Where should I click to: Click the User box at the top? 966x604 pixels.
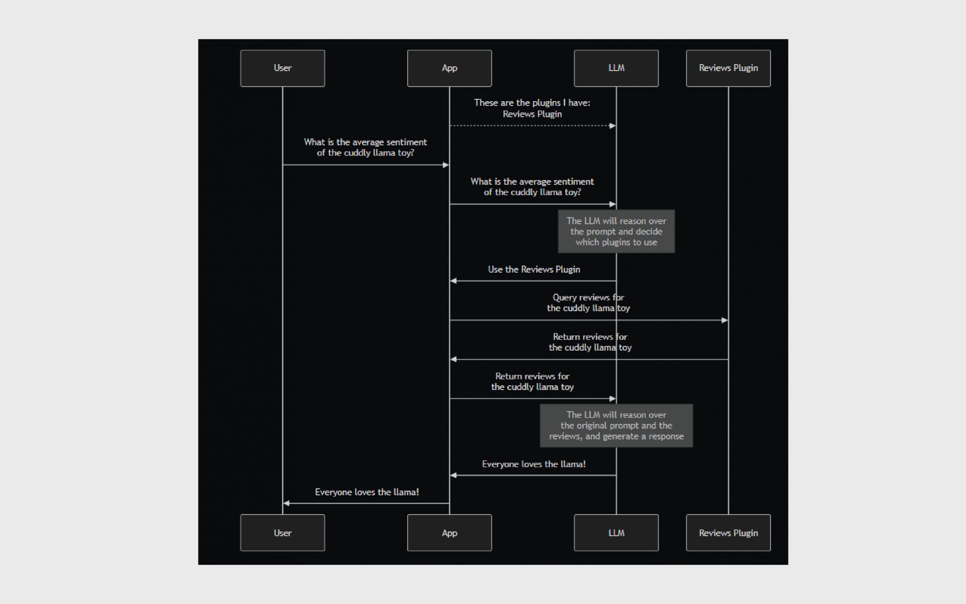point(283,68)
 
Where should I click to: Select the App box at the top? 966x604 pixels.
point(449,68)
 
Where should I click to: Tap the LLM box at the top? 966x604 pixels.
point(616,68)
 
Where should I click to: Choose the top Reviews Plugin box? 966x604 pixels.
point(729,68)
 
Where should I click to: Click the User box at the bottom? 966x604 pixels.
point(283,533)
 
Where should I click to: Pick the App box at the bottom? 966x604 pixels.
point(449,533)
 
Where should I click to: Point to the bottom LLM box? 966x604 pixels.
point(616,533)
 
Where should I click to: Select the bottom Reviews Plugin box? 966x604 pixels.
point(729,533)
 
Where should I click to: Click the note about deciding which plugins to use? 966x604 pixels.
point(616,232)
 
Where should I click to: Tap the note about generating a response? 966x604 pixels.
point(616,426)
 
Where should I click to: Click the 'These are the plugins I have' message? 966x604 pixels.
point(532,108)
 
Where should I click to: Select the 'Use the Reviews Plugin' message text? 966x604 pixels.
point(534,270)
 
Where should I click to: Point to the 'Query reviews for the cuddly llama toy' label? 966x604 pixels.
point(588,303)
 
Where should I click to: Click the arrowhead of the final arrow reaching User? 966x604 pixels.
point(286,503)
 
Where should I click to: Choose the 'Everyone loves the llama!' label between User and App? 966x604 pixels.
point(367,492)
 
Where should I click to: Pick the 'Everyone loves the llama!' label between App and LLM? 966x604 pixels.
point(534,464)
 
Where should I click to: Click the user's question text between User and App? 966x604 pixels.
point(365,147)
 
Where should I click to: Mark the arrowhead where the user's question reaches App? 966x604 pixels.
point(446,165)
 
